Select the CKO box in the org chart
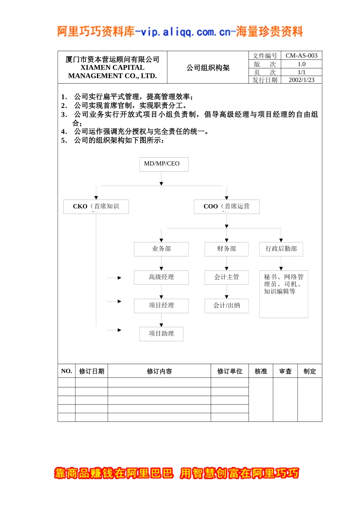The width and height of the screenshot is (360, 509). tap(96, 206)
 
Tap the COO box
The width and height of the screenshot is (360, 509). tap(227, 206)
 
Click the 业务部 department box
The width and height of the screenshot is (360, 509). tap(161, 249)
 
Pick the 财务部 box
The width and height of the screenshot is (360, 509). tap(227, 249)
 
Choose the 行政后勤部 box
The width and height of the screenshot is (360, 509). tap(281, 249)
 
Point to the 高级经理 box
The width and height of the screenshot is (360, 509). tap(161, 277)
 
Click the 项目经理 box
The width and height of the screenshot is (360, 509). tap(161, 306)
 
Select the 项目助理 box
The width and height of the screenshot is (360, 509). tap(161, 334)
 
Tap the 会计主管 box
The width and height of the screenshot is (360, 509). tap(227, 277)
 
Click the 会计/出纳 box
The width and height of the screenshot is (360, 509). tap(227, 306)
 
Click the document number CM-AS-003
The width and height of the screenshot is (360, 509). tap(301, 56)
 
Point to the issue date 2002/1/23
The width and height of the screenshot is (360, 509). tap(301, 80)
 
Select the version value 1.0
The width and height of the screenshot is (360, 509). tap(301, 64)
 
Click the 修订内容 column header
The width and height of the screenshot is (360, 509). tap(159, 371)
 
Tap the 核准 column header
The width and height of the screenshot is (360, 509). tap(261, 371)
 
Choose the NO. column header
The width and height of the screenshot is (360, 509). tap(67, 371)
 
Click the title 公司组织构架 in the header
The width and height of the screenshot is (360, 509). tap(208, 68)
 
